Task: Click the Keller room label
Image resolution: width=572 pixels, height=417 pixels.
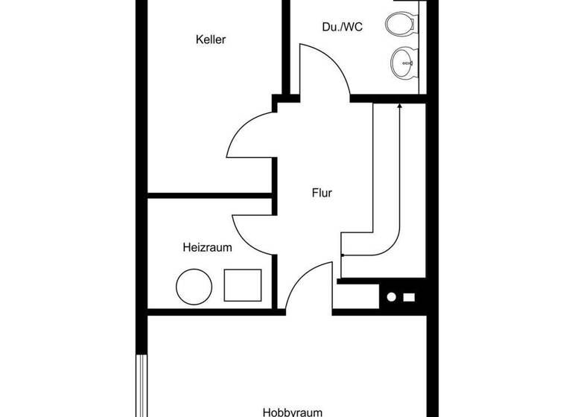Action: tap(211, 39)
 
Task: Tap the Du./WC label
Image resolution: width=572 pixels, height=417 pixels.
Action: tap(343, 28)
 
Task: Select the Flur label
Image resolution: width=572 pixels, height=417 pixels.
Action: tap(322, 194)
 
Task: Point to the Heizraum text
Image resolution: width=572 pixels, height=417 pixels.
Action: tap(208, 247)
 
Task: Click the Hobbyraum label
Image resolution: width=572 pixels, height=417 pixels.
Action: tap(292, 411)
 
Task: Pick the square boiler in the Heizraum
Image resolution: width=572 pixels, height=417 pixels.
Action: tap(243, 285)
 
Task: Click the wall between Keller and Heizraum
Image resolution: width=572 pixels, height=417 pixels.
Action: tap(209, 197)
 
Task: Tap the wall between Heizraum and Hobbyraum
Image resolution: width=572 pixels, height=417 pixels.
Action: tap(209, 311)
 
